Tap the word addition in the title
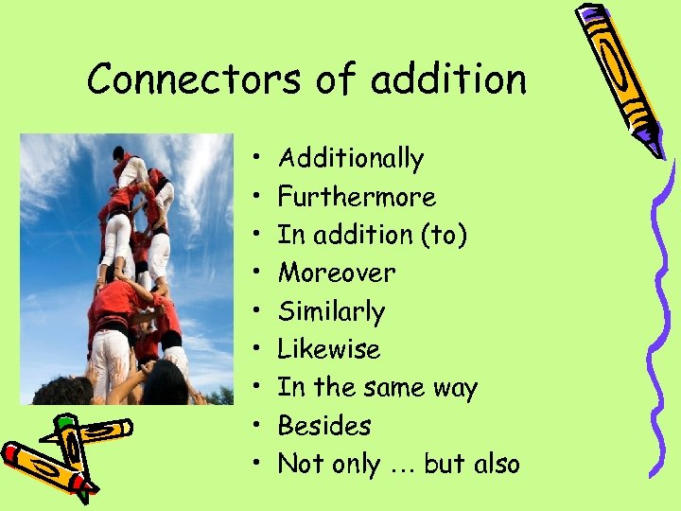point(448,79)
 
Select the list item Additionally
point(351,158)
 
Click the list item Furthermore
point(357,197)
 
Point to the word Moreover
point(337,273)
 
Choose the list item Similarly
point(331,311)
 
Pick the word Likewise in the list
point(328,349)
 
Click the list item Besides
point(324,426)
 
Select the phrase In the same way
point(377,388)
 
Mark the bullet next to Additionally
point(257,159)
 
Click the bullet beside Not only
point(257,465)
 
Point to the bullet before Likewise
point(257,350)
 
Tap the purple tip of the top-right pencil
point(655,146)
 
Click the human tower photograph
point(127,269)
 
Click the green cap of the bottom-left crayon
point(65,422)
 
